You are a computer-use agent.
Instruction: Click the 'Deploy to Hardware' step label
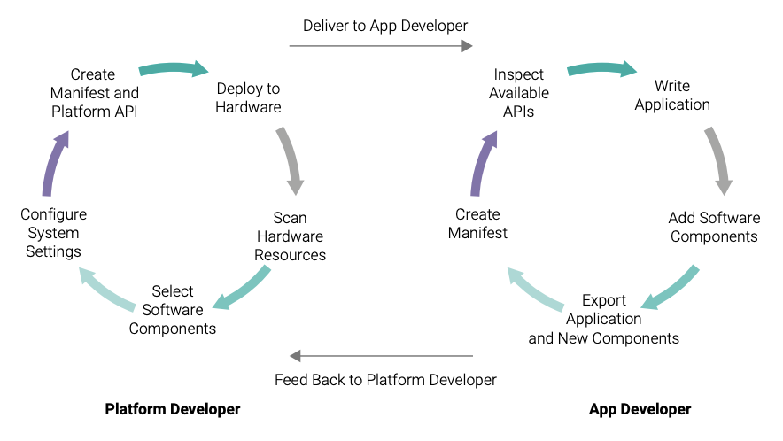click(x=248, y=98)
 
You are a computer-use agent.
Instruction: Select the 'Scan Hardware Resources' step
click(x=290, y=236)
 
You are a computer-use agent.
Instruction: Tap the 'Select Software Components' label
click(x=173, y=310)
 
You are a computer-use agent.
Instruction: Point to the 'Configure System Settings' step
click(x=53, y=233)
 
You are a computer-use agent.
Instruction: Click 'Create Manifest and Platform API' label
click(x=95, y=93)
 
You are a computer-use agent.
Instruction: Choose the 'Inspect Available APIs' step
click(x=519, y=93)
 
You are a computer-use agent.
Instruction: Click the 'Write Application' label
click(x=672, y=95)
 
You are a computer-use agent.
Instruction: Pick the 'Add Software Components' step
click(x=714, y=227)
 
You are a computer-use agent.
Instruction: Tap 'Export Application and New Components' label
click(x=604, y=319)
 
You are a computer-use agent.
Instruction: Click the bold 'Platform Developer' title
click(x=173, y=409)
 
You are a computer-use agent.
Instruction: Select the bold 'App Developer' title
click(x=640, y=409)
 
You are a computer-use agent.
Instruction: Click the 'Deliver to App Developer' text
click(x=385, y=26)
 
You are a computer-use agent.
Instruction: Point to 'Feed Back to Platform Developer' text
click(x=385, y=380)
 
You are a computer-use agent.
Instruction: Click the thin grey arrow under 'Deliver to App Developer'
click(x=381, y=46)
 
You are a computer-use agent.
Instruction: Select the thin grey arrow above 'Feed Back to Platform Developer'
click(x=381, y=356)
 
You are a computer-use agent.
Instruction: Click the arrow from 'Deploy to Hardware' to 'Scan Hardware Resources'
click(x=291, y=159)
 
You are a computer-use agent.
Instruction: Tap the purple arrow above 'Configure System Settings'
click(x=53, y=162)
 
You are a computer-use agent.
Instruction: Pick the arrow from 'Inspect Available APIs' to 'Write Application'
click(x=601, y=68)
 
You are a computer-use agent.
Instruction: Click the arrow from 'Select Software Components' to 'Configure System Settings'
click(x=106, y=289)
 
